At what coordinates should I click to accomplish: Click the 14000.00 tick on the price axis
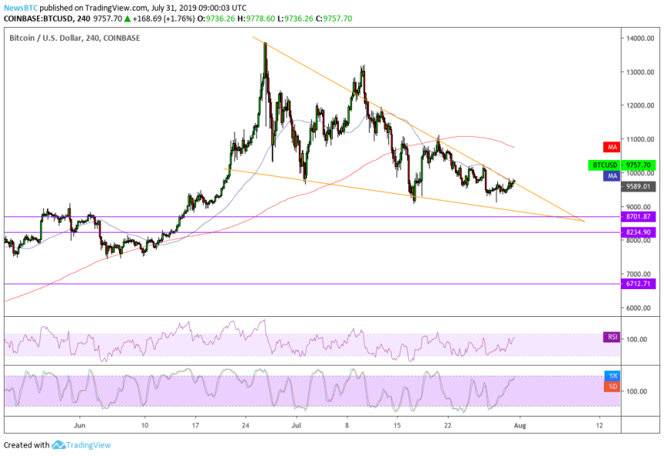coord(640,39)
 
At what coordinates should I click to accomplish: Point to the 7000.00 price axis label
coord(640,274)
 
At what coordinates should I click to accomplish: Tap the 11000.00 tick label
coord(640,140)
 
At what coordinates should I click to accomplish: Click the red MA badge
coord(610,146)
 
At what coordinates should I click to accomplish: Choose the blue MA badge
coord(610,176)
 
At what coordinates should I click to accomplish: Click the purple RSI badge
coord(610,336)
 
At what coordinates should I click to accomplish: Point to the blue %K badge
coord(610,376)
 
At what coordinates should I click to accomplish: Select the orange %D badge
coord(610,385)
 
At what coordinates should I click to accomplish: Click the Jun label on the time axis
coord(79,424)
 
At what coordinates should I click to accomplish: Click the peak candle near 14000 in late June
coord(265,45)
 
